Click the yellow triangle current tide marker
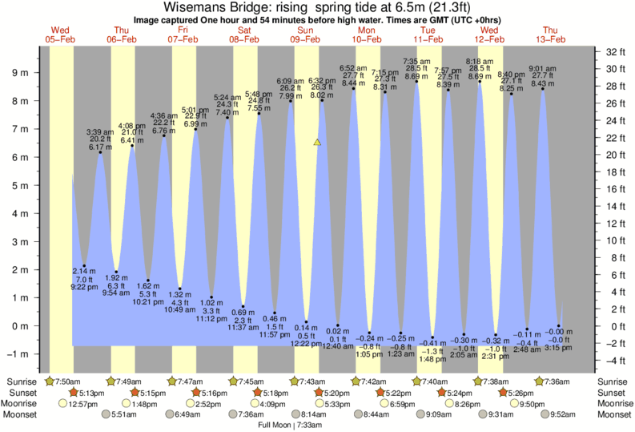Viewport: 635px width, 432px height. [317, 143]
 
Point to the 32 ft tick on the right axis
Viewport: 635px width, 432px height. [615, 51]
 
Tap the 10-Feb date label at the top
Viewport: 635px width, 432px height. [368, 38]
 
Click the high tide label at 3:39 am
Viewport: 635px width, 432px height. [100, 131]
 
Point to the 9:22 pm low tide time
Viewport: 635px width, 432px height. [83, 287]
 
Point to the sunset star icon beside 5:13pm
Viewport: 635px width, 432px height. [74, 393]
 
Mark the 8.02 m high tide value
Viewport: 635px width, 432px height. [322, 95]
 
